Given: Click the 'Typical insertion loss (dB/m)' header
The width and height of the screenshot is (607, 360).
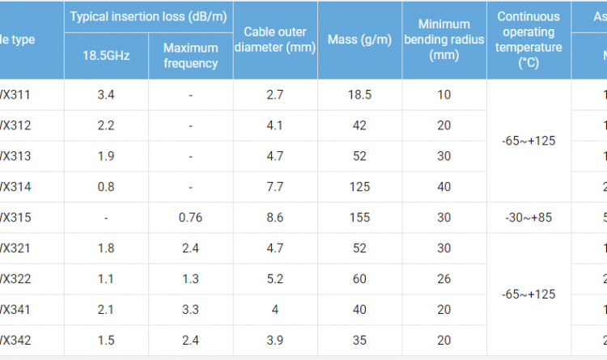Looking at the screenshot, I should [x=148, y=16].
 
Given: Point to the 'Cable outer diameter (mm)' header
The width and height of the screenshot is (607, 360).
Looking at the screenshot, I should [x=275, y=39].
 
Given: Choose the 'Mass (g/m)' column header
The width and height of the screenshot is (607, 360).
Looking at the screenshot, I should [x=359, y=39].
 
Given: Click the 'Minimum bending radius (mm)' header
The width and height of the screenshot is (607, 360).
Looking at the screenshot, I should [x=444, y=39].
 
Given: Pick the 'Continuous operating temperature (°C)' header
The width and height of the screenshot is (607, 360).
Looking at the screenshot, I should [x=529, y=39].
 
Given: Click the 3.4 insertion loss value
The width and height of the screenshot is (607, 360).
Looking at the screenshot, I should [x=106, y=95].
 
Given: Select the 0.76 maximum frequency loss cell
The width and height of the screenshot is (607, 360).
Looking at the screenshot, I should [x=190, y=218].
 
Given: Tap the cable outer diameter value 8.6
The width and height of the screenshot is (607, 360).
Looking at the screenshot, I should [x=275, y=218].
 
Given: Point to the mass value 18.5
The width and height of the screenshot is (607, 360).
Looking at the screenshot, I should [x=359, y=95].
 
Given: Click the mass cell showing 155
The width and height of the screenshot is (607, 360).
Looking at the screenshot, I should [x=359, y=218].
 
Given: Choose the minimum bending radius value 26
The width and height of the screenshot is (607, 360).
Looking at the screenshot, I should [x=444, y=279].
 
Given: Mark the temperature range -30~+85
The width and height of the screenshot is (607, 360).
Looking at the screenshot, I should [x=529, y=218].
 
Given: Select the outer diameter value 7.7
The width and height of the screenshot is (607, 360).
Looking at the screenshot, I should [x=275, y=187].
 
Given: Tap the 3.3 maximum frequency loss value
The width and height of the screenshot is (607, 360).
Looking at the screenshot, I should [x=190, y=310].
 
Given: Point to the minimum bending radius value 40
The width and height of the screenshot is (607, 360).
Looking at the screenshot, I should [x=444, y=187].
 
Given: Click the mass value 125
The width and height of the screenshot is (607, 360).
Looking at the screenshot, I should [x=359, y=187].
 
